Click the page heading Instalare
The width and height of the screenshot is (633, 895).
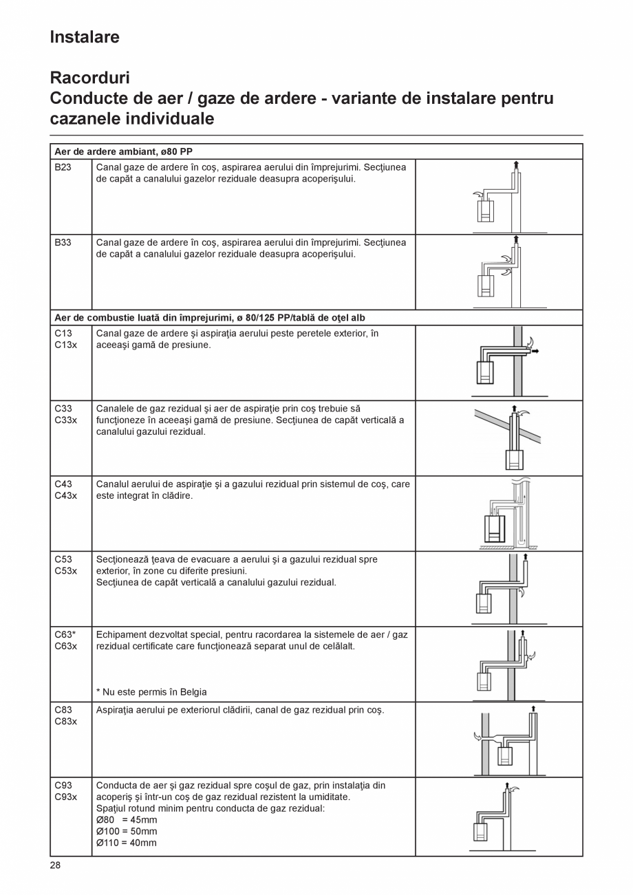85,37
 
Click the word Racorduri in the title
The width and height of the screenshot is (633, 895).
89,78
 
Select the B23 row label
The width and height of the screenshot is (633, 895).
63,167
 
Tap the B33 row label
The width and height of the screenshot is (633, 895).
63,243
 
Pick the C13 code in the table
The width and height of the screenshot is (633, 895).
63,334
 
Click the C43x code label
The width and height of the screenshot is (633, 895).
65,495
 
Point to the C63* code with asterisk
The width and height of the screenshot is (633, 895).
65,635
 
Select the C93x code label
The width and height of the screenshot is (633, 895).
65,797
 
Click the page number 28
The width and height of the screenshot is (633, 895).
55,865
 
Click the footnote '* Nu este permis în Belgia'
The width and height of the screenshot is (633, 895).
151,692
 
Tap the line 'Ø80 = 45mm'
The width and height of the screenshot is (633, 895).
127,820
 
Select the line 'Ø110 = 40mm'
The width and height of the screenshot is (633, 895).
127,843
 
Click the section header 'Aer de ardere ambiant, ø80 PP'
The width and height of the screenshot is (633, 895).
123,151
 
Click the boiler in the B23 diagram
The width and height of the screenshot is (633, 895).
486,211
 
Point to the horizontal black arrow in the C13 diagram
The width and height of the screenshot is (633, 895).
535,352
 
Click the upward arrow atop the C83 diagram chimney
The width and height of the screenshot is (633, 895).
533,709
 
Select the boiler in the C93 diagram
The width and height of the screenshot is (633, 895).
481,832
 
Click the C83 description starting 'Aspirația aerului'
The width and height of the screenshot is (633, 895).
239,710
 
